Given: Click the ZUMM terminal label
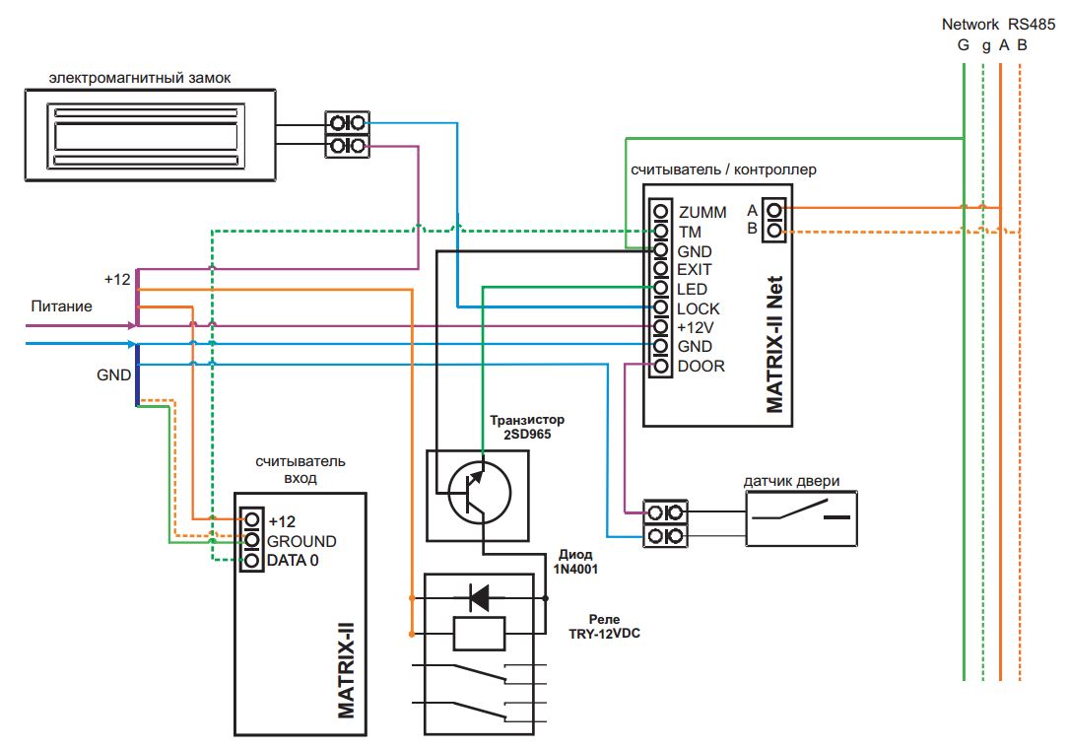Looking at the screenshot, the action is click(702, 213).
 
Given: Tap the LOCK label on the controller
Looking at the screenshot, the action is click(699, 308).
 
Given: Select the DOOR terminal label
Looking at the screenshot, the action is click(701, 366).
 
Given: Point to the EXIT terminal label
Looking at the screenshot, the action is click(694, 270).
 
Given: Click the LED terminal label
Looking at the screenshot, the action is click(692, 289).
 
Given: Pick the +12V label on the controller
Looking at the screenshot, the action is click(695, 328).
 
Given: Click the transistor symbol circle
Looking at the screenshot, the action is click(480, 492).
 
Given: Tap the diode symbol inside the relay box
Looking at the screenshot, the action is click(480, 597).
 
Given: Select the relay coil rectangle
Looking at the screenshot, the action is click(479, 634).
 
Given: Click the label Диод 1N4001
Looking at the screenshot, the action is click(575, 562).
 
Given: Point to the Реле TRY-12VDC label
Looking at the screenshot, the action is click(604, 627).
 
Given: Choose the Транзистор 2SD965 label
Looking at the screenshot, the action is click(527, 428).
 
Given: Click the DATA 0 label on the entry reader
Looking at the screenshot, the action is click(293, 560).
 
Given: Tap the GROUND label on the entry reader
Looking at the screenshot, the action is click(301, 541).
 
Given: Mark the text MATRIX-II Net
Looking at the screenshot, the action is click(775, 344).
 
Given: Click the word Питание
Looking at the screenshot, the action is click(61, 306).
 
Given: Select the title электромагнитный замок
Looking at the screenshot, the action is click(140, 78).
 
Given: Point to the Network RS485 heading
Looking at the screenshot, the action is click(998, 24).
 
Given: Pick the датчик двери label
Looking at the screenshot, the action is click(791, 481).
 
